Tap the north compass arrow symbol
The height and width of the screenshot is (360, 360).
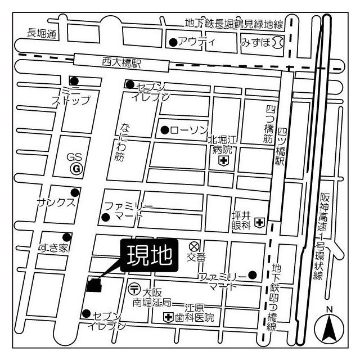329,327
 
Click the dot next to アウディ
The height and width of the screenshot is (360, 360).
173,42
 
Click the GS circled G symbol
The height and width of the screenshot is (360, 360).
75,168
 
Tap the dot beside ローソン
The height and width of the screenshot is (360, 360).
164,130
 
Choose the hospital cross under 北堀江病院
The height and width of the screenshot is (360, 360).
223,161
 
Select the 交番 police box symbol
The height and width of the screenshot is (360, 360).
194,246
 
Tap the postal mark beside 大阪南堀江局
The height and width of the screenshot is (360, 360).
134,289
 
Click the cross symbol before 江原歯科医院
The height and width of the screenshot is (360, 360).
168,318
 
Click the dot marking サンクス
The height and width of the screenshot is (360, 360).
74,192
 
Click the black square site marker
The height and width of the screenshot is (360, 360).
93,285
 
